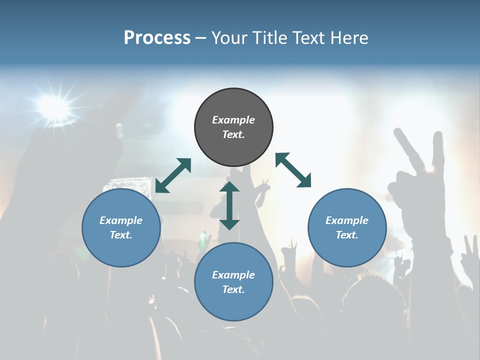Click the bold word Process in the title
157,37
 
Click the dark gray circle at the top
233,127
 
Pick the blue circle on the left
121,227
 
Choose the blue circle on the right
347,227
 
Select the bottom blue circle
233,282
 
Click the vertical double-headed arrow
229,205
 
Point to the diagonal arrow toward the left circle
173,175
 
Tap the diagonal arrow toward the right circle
293,170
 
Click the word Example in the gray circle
233,120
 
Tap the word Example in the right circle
346,220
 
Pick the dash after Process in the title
201,38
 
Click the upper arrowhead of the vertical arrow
229,187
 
